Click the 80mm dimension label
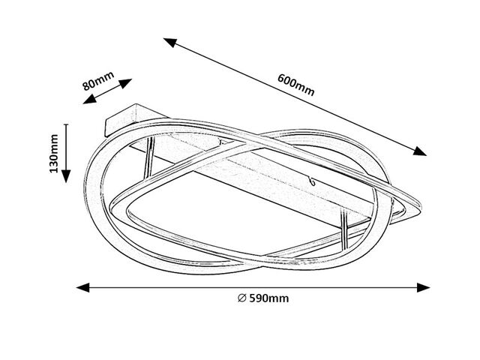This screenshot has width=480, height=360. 98,80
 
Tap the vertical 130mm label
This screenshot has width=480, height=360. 53,154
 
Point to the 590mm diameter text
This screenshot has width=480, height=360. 268,298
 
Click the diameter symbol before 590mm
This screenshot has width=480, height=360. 241,298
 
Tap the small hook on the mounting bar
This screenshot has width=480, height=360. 311,181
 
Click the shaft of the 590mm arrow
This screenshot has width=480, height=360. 255,286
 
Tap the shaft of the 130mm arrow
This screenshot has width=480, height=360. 67,154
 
